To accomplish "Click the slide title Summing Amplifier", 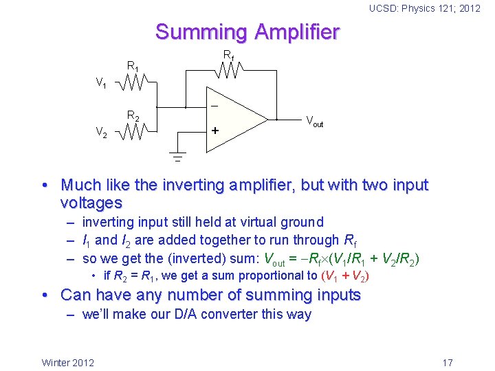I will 247,32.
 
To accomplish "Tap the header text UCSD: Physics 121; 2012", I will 425,8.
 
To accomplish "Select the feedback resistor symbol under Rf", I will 227,69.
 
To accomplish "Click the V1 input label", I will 101,84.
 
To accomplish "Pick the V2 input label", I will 100,132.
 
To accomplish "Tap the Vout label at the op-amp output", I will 313,122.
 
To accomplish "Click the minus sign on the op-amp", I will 214,107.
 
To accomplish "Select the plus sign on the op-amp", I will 214,131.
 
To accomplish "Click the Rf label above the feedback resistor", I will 228,55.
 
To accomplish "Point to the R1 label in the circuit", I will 133,67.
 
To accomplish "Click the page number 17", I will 447,362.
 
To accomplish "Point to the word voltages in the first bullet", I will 91,203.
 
